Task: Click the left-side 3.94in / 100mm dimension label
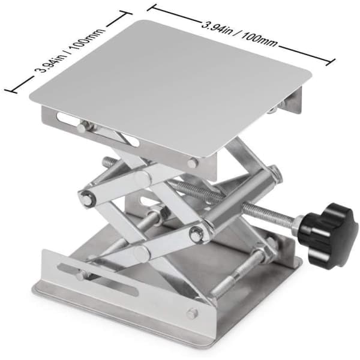[x=70, y=51]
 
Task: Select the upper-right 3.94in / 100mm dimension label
[x=239, y=34]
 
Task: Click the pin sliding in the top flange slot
[x=83, y=127]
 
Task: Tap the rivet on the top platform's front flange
[x=193, y=163]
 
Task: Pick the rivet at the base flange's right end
[x=192, y=314]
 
